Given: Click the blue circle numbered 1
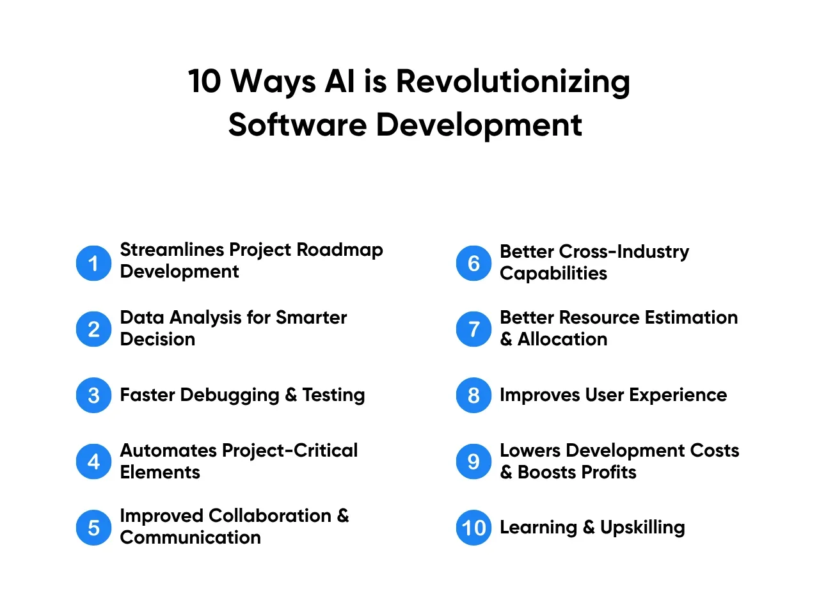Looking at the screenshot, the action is pyautogui.click(x=93, y=264).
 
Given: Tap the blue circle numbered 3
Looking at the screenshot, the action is pyautogui.click(x=93, y=395).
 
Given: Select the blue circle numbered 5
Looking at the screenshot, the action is pyautogui.click(x=93, y=528).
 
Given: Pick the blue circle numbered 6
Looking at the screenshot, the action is pyautogui.click(x=473, y=264).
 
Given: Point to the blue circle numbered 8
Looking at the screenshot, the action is pyautogui.click(x=473, y=395).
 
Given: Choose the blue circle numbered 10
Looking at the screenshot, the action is pyautogui.click(x=473, y=528).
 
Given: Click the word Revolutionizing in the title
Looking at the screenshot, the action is pyautogui.click(x=513, y=83).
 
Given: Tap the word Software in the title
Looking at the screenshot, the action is pyautogui.click(x=298, y=125).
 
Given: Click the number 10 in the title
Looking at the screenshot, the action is pyautogui.click(x=205, y=81).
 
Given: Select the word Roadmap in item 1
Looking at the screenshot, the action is pyautogui.click(x=340, y=251).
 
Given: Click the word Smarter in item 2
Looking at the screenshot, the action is pyautogui.click(x=311, y=318).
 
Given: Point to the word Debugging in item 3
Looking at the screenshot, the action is pyautogui.click(x=230, y=395).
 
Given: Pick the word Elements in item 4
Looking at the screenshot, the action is pyautogui.click(x=160, y=473).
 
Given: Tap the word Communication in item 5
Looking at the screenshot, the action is pyautogui.click(x=190, y=538).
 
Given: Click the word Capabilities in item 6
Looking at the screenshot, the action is pyautogui.click(x=553, y=274).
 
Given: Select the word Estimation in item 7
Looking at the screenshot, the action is pyautogui.click(x=691, y=318).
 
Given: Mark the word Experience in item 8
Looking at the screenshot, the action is pyautogui.click(x=678, y=395).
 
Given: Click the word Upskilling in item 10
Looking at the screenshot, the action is pyautogui.click(x=642, y=528).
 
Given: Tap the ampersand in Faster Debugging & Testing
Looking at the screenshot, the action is pyautogui.click(x=290, y=395).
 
